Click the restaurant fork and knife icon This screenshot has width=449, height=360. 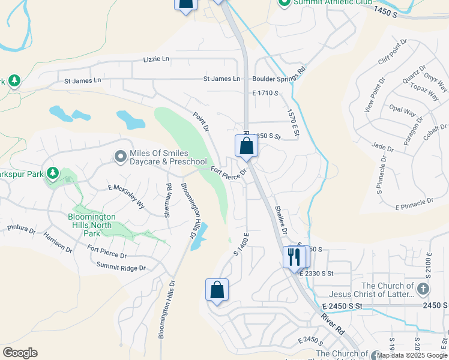294,257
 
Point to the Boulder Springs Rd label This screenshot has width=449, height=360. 279,79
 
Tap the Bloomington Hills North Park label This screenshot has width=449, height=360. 91,224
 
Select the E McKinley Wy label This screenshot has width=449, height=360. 126,196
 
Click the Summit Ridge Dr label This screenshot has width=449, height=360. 121,268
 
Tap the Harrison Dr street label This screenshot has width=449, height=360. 58,242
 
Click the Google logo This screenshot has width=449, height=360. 20,353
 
